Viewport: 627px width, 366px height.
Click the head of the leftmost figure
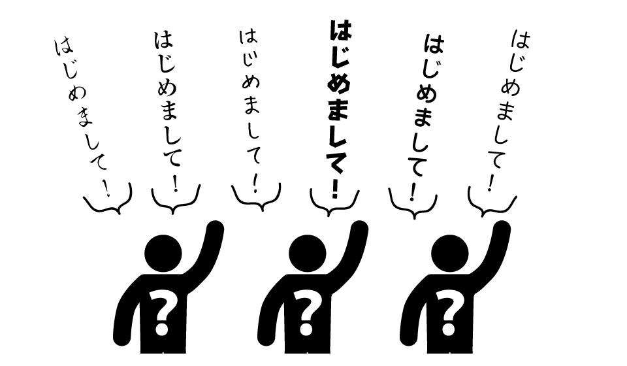(163, 254)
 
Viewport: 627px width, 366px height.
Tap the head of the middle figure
(307, 254)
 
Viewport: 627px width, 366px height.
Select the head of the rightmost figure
(450, 254)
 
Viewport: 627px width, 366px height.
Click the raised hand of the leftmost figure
(216, 229)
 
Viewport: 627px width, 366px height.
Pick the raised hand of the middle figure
(360, 229)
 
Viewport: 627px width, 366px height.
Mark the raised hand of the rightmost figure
(502, 229)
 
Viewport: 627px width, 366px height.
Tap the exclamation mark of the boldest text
(334, 189)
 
